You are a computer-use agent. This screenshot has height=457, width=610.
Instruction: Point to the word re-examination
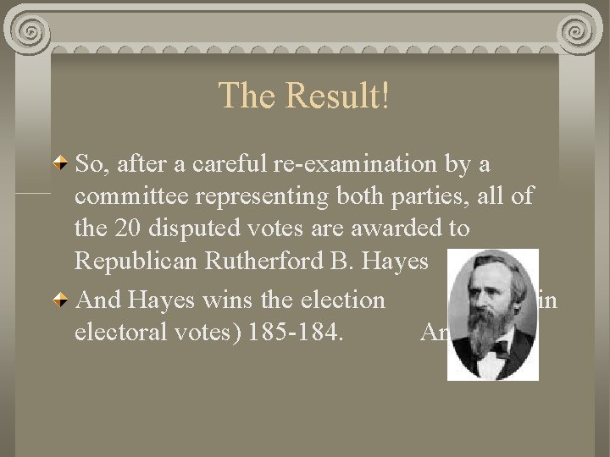(364, 164)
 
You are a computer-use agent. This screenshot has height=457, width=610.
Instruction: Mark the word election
(343, 300)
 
